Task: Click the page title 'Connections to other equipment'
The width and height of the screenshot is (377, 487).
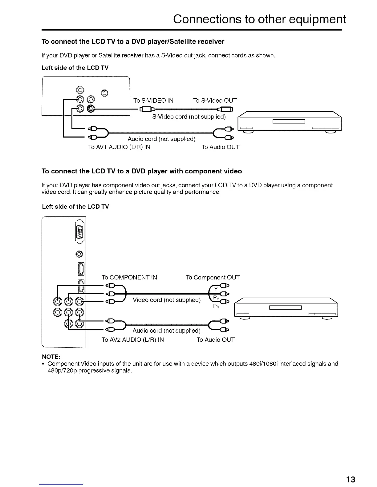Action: pos(259,19)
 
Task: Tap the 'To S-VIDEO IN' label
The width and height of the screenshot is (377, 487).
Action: pos(153,101)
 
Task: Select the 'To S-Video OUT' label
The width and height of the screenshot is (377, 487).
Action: pos(215,101)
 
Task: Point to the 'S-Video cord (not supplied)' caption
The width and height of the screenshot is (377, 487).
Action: pos(189,117)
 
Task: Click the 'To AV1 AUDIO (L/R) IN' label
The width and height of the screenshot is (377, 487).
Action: pos(119,147)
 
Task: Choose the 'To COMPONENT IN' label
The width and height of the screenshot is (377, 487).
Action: pos(129,277)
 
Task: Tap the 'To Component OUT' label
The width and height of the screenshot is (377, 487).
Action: pos(213,277)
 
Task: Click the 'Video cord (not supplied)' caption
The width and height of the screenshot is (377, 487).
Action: pos(167,300)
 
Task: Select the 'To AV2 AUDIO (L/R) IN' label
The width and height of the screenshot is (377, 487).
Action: pos(133,340)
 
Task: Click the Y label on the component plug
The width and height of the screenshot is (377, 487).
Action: pos(216,289)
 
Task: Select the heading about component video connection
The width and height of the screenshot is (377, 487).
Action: pos(142,171)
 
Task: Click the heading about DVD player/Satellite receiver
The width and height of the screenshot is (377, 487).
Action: pos(133,42)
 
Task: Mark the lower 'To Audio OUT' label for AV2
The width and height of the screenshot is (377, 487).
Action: pos(216,340)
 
